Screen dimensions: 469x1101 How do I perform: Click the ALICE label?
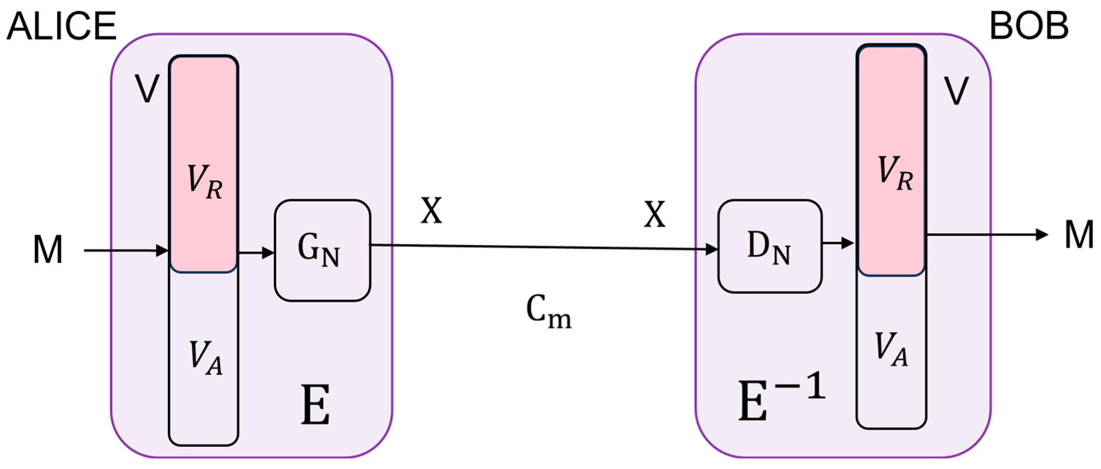tap(61, 27)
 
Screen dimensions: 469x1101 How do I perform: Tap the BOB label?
tap(1029, 27)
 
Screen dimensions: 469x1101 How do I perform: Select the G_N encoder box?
tap(322, 251)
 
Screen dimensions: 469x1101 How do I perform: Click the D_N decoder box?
tap(769, 246)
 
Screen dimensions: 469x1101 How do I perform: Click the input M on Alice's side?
tap(48, 250)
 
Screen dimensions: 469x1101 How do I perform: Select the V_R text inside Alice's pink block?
tap(204, 183)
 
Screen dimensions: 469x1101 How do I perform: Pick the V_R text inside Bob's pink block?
tap(895, 173)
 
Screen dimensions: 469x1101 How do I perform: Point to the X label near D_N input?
tap(654, 214)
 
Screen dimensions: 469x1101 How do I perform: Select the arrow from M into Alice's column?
tap(126, 250)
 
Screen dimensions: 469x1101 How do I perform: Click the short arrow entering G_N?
tap(256, 253)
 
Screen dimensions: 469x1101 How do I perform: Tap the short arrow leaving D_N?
tap(838, 243)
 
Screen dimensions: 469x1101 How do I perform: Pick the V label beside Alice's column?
tap(147, 89)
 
